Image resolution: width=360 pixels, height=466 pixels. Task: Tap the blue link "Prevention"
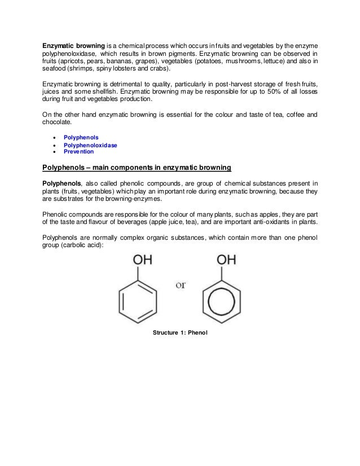(x=78, y=152)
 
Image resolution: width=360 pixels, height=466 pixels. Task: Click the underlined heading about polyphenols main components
(x=137, y=168)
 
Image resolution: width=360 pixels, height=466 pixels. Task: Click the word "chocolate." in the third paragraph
(x=58, y=122)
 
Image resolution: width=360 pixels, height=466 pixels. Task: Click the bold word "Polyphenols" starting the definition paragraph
(x=62, y=183)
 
